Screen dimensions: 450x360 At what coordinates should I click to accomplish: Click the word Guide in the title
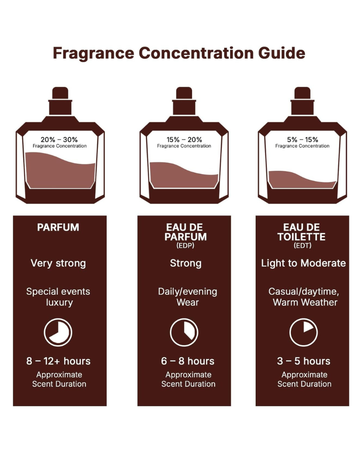point(282,53)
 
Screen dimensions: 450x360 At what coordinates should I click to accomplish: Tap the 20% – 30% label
point(59,139)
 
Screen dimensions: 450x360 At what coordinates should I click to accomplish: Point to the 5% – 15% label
point(302,139)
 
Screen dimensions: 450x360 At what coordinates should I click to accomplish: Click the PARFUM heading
point(58,227)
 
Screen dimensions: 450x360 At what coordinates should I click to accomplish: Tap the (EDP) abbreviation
point(185,246)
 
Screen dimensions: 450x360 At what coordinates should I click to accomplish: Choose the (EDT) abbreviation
point(302,246)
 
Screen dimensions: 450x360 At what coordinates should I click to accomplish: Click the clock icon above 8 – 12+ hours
point(58,332)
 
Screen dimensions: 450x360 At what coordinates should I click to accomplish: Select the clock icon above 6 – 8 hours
point(184,332)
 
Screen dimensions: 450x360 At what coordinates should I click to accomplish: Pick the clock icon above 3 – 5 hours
point(303,332)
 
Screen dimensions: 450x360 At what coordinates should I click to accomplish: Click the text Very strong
point(58,263)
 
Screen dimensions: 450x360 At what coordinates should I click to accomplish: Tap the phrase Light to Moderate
point(303,263)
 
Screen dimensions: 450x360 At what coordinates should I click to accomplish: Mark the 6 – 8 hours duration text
point(188,361)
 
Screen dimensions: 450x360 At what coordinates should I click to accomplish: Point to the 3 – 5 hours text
point(304,361)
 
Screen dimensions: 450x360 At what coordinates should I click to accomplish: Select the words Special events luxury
point(58,297)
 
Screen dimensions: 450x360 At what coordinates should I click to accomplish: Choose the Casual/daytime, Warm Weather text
point(305,297)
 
